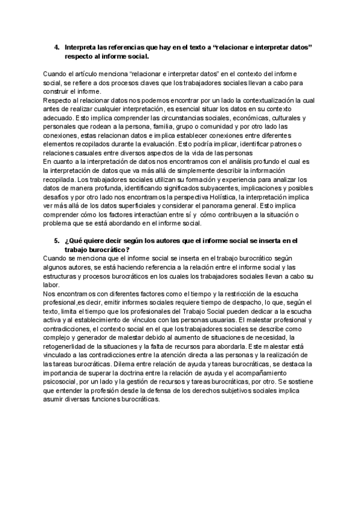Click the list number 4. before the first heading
tap(57, 46)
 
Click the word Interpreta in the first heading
tap(79, 46)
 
